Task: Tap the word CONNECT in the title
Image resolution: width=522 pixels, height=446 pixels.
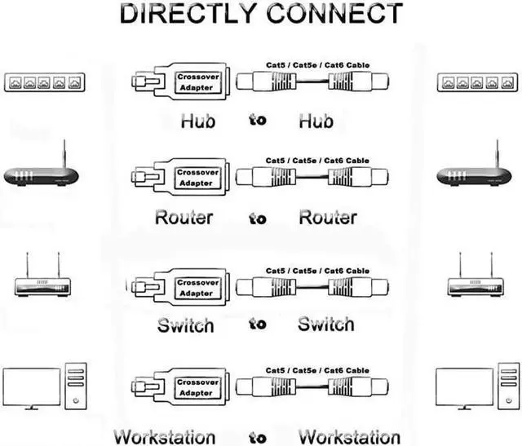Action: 334,14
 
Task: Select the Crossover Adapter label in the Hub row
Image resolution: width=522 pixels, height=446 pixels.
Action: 197,82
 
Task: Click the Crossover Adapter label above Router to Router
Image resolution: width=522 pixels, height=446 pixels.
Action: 197,178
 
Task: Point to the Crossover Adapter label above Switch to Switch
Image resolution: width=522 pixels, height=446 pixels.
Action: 197,288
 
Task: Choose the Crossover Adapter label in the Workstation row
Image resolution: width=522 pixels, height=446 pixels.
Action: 197,387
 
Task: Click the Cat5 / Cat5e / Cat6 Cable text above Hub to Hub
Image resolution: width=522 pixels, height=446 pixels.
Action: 317,65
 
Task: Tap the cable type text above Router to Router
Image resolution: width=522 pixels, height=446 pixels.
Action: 317,161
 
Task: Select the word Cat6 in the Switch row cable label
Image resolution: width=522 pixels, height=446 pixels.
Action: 334,271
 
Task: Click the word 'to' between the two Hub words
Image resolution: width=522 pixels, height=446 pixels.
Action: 258,120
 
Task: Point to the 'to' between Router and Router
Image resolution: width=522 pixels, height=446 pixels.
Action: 258,219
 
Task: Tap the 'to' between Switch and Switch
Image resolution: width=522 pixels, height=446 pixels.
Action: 258,324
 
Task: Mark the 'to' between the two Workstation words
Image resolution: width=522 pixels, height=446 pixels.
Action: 258,438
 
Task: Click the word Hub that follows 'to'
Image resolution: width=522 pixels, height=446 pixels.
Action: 316,121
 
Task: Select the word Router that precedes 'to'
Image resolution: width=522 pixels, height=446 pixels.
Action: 184,218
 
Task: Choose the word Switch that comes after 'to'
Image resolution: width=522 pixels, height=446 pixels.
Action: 326,324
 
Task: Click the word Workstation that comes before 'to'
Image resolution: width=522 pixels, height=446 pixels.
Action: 165,437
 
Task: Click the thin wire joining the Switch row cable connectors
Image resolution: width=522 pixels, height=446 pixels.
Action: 312,286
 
